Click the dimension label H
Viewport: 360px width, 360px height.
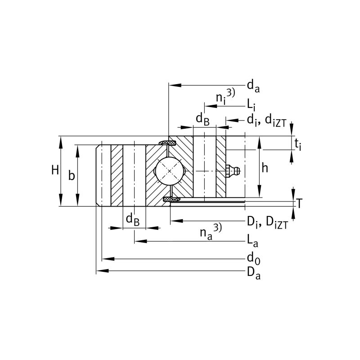(55, 170)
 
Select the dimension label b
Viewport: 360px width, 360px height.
(72, 175)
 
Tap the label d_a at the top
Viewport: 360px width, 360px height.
(253, 85)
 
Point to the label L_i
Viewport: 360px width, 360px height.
(251, 105)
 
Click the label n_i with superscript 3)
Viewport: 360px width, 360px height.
(224, 96)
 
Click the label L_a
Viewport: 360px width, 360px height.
(252, 241)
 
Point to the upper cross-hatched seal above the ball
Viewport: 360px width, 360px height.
(170, 143)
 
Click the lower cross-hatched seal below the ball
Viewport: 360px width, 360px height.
(171, 198)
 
